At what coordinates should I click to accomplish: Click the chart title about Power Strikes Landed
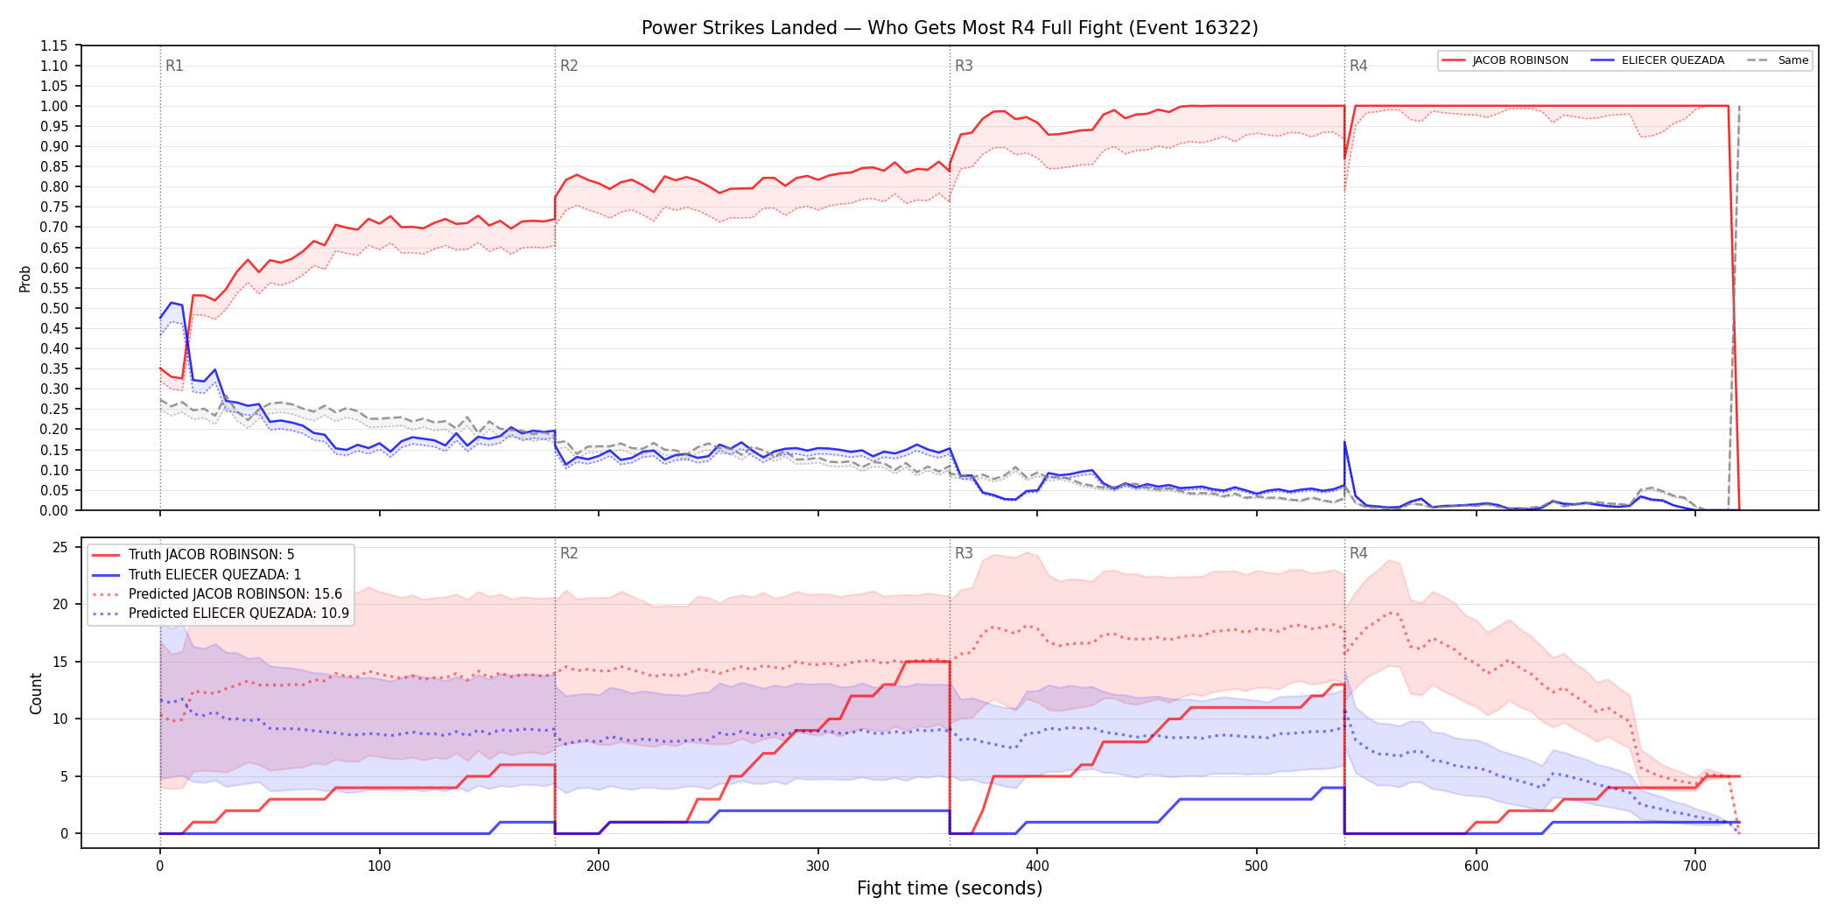[950, 28]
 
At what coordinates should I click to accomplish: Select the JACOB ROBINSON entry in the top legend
[1505, 60]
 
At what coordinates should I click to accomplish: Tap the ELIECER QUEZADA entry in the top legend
[1658, 60]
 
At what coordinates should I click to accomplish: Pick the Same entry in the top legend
[1778, 60]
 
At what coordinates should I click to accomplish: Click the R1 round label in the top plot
[174, 66]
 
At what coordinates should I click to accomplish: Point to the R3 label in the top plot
[964, 66]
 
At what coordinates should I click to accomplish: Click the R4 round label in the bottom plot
[1358, 553]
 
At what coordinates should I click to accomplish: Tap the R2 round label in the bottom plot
[569, 553]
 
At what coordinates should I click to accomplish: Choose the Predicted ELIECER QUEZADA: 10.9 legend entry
[221, 614]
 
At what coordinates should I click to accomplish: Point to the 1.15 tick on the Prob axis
[54, 46]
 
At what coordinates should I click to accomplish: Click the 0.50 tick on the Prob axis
[54, 308]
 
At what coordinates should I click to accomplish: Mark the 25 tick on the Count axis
[60, 548]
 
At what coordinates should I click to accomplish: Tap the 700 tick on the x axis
[1695, 866]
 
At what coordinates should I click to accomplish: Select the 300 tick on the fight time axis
[817, 866]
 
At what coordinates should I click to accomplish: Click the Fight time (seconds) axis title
[950, 889]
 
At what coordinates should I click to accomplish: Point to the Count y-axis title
[36, 693]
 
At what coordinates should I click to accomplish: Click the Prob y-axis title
[25, 278]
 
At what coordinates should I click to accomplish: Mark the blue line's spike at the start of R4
[1345, 442]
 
